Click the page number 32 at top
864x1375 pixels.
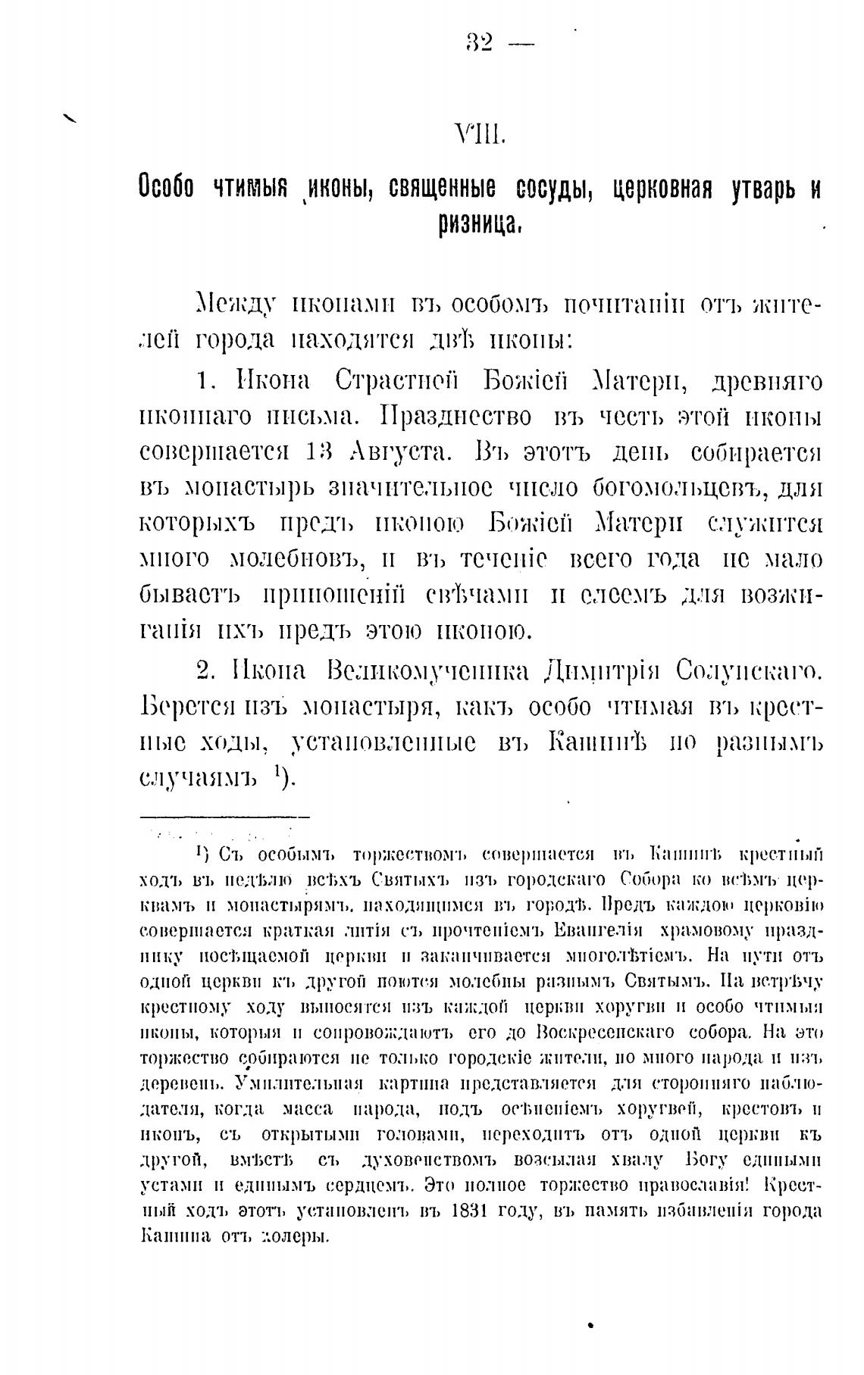480,43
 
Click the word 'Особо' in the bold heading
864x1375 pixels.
167,187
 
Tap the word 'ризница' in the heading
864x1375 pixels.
478,223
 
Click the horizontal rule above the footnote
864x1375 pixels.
225,817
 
